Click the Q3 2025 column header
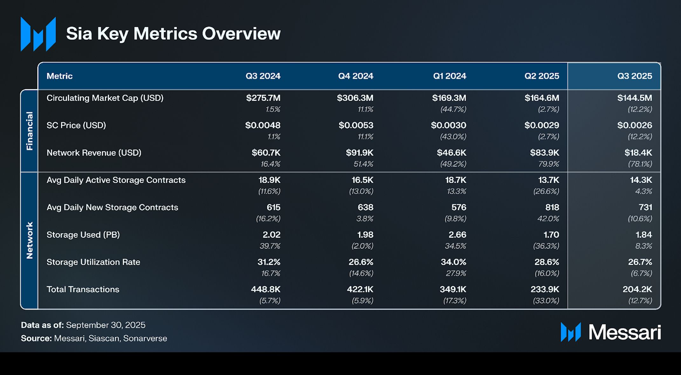[x=634, y=76]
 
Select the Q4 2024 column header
[x=355, y=76]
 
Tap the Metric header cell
[x=59, y=76]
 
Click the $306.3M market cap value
[x=355, y=98]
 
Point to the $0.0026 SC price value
[x=634, y=125]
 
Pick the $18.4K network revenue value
[x=638, y=153]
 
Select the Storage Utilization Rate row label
[x=93, y=262]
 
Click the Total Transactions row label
[x=83, y=290]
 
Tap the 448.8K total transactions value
[x=265, y=290]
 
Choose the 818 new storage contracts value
[x=552, y=208]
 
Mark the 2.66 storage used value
[x=457, y=235]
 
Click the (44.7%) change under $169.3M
[x=453, y=110]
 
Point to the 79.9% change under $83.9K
[x=548, y=164]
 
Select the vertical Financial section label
[x=29, y=131]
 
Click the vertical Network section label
[x=29, y=240]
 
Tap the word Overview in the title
[x=241, y=34]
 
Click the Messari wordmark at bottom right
[x=624, y=332]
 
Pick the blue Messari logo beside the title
[x=38, y=34]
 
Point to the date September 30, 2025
[x=106, y=325]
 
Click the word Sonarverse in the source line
[x=145, y=338]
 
